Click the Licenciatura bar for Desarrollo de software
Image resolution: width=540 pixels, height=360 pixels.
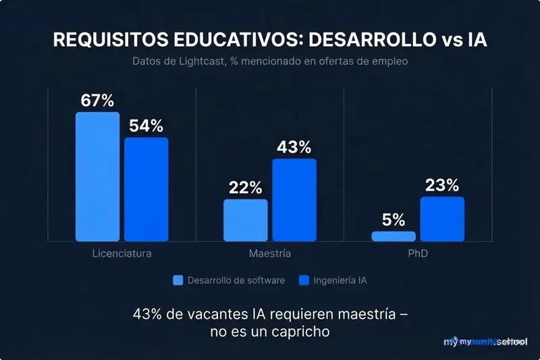click(x=97, y=177)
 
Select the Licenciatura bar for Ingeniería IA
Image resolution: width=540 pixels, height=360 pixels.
click(x=146, y=189)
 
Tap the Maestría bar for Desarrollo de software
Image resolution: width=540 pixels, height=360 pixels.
click(x=245, y=220)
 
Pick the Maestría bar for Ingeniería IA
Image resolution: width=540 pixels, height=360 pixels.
click(x=294, y=200)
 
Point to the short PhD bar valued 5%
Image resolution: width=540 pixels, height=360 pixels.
click(x=394, y=236)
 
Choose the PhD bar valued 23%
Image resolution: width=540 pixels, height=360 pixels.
click(x=442, y=219)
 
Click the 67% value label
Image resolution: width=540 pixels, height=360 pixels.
click(x=97, y=101)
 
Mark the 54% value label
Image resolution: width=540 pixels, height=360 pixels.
click(x=146, y=126)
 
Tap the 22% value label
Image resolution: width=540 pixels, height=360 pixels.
click(x=245, y=188)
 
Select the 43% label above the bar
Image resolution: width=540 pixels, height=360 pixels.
click(x=294, y=147)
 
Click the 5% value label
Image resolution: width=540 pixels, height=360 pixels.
click(x=394, y=220)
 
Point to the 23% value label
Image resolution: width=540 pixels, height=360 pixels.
click(x=442, y=185)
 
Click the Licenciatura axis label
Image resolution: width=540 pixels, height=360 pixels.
click(x=122, y=254)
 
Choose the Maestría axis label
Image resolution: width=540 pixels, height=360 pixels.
click(x=269, y=254)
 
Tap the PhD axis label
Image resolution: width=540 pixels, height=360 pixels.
click(x=418, y=254)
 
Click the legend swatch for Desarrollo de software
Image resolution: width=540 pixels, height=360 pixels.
click(x=178, y=280)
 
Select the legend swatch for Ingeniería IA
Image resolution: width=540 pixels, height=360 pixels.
click(x=304, y=280)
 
